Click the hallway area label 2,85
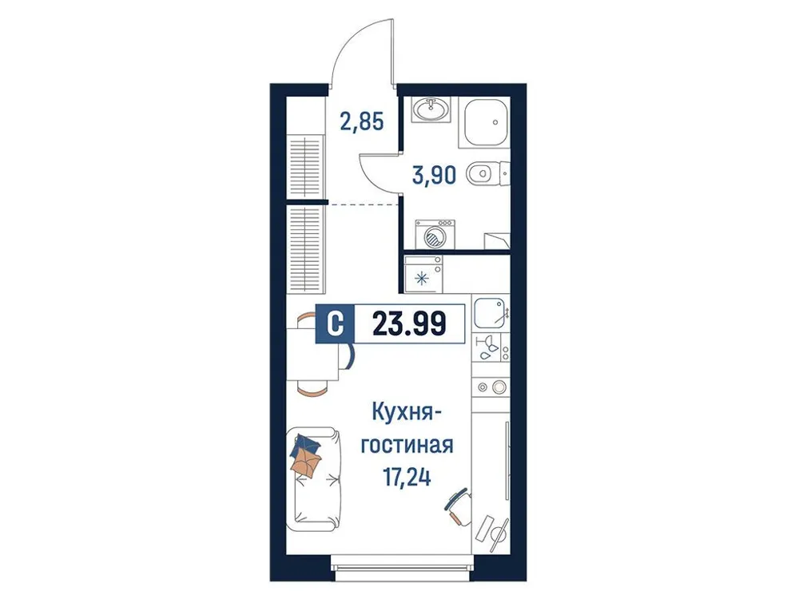tap(361, 122)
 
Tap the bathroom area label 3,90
tap(435, 174)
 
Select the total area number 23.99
tap(409, 323)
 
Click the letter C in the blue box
tap(336, 323)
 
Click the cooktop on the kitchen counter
tap(489, 387)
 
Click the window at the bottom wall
tap(402, 568)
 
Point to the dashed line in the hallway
tap(364, 205)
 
